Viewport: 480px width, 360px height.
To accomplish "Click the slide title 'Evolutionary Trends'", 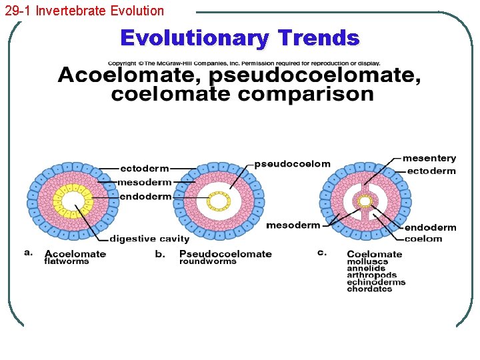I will [239, 38].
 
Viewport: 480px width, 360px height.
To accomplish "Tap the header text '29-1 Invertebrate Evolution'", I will [84, 10].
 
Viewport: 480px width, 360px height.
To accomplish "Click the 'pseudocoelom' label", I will [292, 164].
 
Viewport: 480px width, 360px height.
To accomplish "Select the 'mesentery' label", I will [429, 158].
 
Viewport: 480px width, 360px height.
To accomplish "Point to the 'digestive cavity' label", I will [149, 238].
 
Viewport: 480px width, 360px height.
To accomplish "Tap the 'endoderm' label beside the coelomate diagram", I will [430, 227].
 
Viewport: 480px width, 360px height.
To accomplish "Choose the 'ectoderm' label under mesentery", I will [431, 171].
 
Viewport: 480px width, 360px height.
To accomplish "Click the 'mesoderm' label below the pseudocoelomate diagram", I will [293, 225].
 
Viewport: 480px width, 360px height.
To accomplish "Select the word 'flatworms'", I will [67, 261].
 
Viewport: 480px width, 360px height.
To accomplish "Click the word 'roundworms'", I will [207, 261].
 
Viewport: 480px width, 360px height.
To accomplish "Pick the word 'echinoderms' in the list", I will [376, 282].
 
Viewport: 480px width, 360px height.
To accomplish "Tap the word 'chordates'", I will [369, 289].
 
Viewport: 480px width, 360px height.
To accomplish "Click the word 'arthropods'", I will [371, 275].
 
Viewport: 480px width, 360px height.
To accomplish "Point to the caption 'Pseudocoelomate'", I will [225, 253].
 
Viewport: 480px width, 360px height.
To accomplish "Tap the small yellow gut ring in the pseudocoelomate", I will [217, 200].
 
